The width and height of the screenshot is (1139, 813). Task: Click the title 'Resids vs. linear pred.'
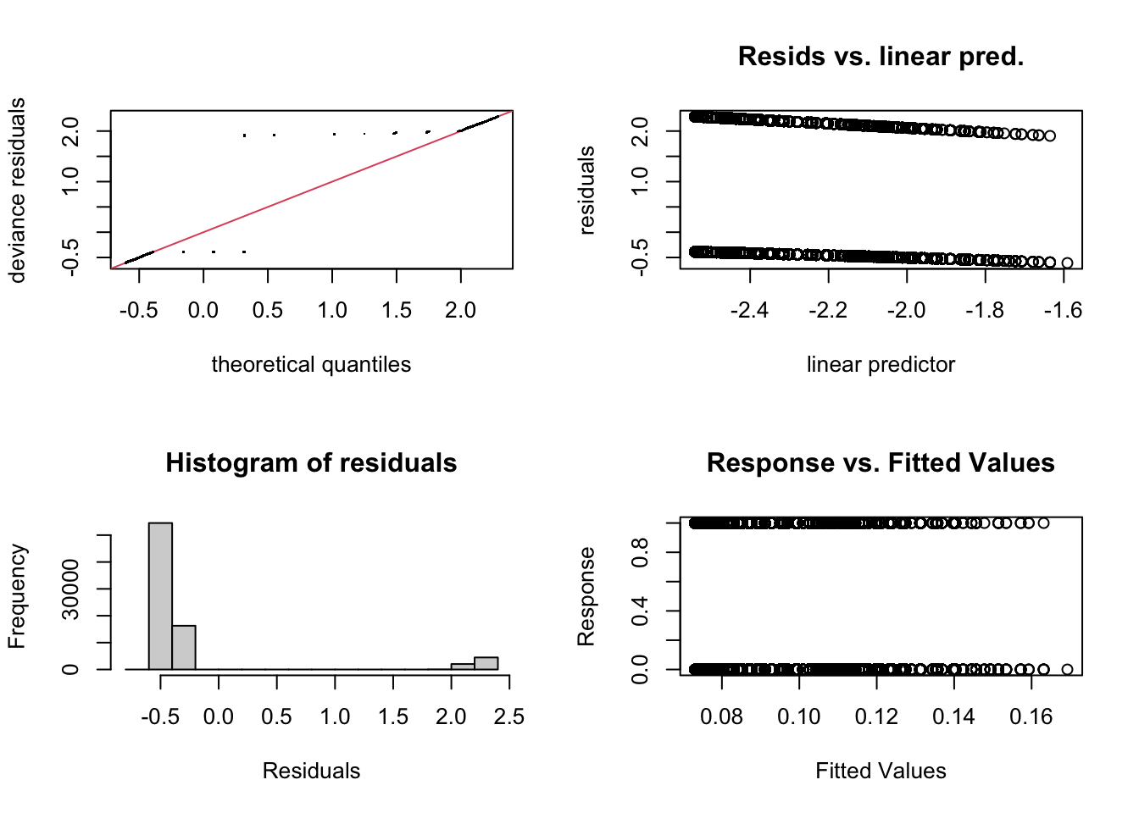coord(881,57)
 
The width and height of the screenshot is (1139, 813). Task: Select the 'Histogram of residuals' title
coord(311,463)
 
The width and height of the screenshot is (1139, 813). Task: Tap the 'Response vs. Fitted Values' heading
coord(881,463)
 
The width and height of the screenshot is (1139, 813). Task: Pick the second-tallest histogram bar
coord(184,647)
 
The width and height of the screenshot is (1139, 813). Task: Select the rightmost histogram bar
coord(486,663)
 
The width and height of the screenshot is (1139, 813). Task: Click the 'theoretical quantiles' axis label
coord(311,364)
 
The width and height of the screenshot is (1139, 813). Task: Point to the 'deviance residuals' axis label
coord(17,190)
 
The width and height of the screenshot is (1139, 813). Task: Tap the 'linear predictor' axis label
coord(881,364)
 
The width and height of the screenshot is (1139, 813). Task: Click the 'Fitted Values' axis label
coord(881,771)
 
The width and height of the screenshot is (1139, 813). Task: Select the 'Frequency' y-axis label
coord(17,596)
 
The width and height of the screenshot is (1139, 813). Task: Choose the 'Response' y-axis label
coord(586,596)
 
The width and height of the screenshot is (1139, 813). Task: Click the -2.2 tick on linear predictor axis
coord(828,311)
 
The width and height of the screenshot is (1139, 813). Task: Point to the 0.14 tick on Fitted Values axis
coord(953,717)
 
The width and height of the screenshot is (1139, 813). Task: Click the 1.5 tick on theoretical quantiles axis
coord(397,311)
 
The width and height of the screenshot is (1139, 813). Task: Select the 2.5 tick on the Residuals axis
coord(508,717)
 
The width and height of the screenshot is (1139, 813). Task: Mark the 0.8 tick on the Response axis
coord(642,553)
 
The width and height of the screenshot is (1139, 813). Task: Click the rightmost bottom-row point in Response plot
coord(1067,669)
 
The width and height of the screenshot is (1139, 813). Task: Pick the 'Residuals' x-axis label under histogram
coord(311,771)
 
